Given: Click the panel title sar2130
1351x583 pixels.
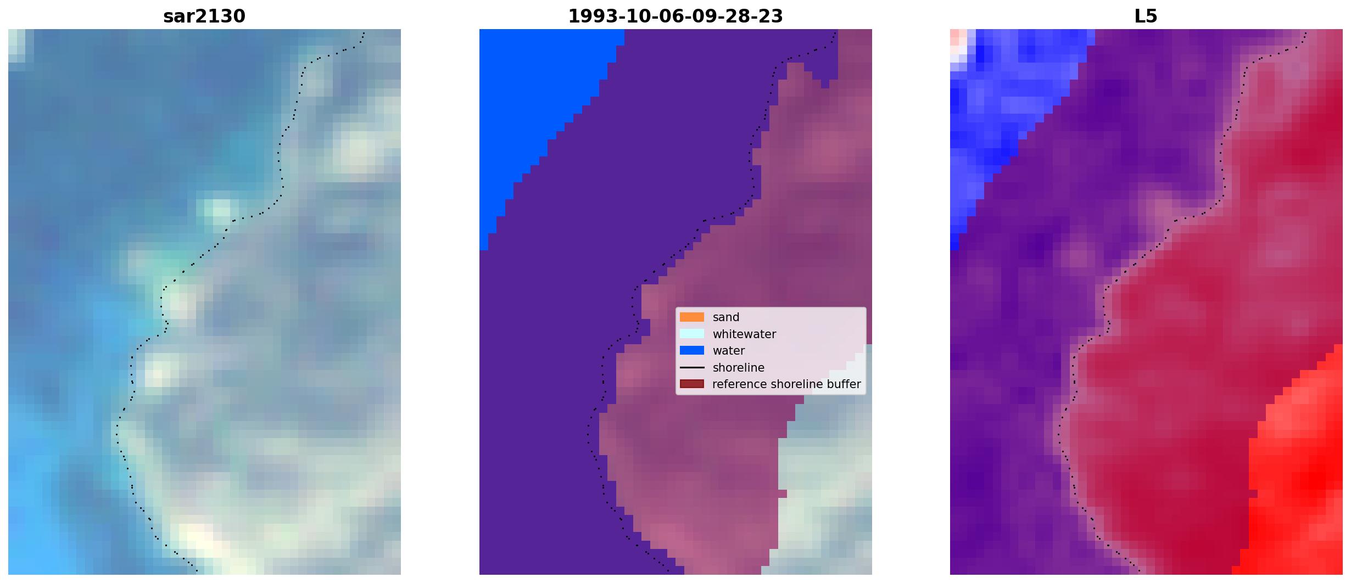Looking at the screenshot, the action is (x=204, y=16).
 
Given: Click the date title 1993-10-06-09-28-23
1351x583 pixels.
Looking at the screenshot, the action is (x=675, y=16).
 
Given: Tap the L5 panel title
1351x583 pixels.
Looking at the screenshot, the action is (x=1146, y=16).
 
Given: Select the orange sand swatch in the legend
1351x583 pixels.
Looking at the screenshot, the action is (x=692, y=317).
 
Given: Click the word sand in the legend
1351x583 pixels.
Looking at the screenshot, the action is (x=726, y=317).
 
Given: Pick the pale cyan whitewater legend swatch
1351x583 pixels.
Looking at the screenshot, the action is (x=692, y=334).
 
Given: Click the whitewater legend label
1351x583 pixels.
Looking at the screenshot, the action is (x=744, y=334).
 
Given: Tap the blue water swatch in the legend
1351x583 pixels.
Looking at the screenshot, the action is (x=692, y=350).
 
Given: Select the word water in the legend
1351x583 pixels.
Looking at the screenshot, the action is (x=729, y=351).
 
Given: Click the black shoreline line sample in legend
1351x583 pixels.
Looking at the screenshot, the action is (x=692, y=367).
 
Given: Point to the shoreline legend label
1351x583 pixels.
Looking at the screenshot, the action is (x=739, y=368).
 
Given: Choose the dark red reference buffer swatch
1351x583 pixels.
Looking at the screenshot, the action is (x=692, y=384).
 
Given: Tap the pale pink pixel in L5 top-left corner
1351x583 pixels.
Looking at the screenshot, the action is (x=954, y=37).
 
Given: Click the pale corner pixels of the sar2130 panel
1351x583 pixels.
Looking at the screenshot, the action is (x=16, y=44).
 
